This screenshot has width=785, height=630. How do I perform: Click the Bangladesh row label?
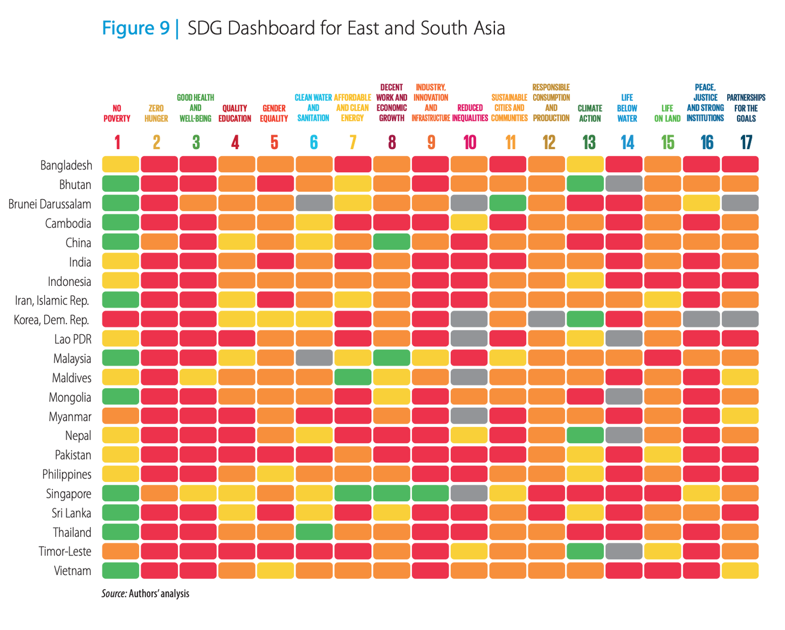coord(66,165)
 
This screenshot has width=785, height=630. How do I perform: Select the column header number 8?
coord(392,143)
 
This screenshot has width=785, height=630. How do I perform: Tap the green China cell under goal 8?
coord(392,242)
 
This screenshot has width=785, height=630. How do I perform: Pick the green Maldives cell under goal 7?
coord(353,377)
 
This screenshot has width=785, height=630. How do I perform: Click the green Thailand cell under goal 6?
coord(314,532)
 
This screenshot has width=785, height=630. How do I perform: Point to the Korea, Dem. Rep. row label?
coord(51,320)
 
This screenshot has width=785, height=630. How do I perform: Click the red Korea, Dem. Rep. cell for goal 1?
coord(120,320)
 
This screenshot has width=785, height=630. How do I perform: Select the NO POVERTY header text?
coord(117,113)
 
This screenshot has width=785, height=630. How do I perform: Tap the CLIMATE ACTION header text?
coord(589,113)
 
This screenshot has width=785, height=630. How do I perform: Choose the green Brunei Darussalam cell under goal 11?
coord(508,203)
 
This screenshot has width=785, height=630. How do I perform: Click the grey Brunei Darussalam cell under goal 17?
coord(740,203)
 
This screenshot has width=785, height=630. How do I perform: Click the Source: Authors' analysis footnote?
coord(145,594)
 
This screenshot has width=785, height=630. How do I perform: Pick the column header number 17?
coord(746,143)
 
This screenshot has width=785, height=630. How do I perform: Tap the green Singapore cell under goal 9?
coord(431,493)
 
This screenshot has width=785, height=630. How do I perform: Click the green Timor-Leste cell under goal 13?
coord(585,551)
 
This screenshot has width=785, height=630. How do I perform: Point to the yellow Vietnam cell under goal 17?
coord(740,571)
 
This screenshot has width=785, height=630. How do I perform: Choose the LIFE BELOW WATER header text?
coord(627,108)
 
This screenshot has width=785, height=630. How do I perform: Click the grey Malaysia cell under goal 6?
coord(314,358)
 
